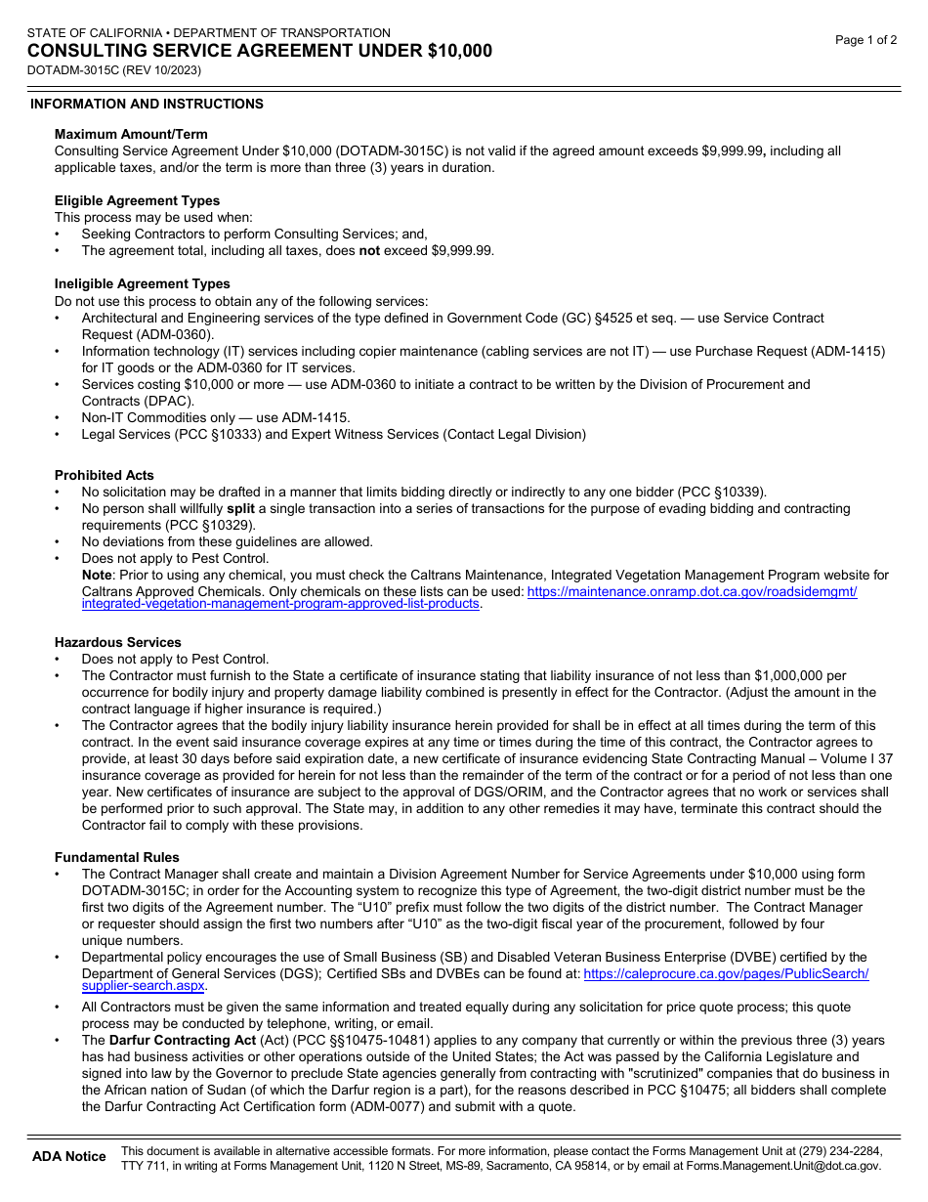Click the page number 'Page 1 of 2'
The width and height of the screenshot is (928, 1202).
click(x=865, y=40)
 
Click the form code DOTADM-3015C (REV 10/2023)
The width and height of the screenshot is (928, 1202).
click(x=114, y=70)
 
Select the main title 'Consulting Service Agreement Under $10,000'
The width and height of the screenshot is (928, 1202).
click(x=259, y=51)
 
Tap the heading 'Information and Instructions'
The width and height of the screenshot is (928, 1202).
click(x=147, y=104)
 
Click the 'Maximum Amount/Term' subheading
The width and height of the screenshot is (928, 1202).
click(x=131, y=134)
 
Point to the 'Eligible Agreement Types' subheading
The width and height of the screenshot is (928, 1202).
click(x=137, y=200)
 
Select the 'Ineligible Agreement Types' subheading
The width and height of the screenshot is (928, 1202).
click(x=142, y=283)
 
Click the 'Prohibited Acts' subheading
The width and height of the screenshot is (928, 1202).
click(x=104, y=475)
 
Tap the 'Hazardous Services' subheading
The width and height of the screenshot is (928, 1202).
click(x=117, y=642)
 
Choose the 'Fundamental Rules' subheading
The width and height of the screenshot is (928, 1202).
click(x=116, y=857)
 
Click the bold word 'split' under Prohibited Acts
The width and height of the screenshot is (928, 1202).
click(x=240, y=509)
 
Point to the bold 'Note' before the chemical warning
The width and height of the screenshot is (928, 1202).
click(x=97, y=576)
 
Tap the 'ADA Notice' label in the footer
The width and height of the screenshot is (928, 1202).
click(x=68, y=1157)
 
